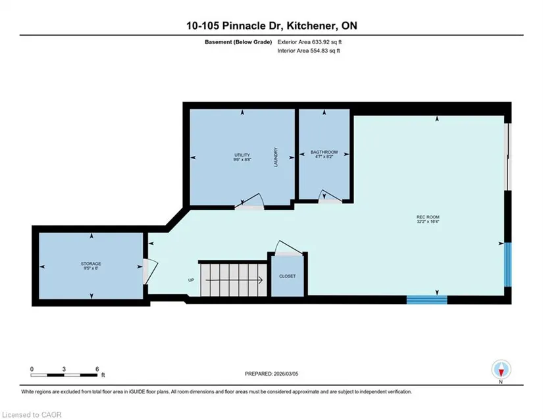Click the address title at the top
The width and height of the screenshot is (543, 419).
[x=271, y=26]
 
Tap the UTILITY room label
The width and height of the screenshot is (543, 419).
[x=242, y=155]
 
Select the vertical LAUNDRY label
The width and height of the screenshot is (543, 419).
[x=276, y=157]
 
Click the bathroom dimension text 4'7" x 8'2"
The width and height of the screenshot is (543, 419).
[x=324, y=157]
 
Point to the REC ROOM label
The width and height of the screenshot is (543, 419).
[x=428, y=217]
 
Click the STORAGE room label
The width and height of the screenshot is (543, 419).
[x=91, y=264]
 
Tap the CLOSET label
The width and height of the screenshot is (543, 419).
[x=288, y=276]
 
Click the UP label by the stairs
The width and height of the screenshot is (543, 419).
[x=191, y=280]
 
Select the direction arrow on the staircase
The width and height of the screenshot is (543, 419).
[x=234, y=280]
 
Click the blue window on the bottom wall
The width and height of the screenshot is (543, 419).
[x=427, y=300]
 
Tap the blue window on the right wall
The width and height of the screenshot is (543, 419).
[x=507, y=264]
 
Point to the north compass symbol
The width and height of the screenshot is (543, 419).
[x=501, y=370]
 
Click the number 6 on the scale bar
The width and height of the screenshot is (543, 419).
[x=97, y=369]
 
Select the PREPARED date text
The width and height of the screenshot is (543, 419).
[x=271, y=374]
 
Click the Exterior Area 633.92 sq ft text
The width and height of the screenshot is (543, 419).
[x=309, y=42]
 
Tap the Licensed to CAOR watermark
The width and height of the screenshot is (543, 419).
[x=32, y=414]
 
